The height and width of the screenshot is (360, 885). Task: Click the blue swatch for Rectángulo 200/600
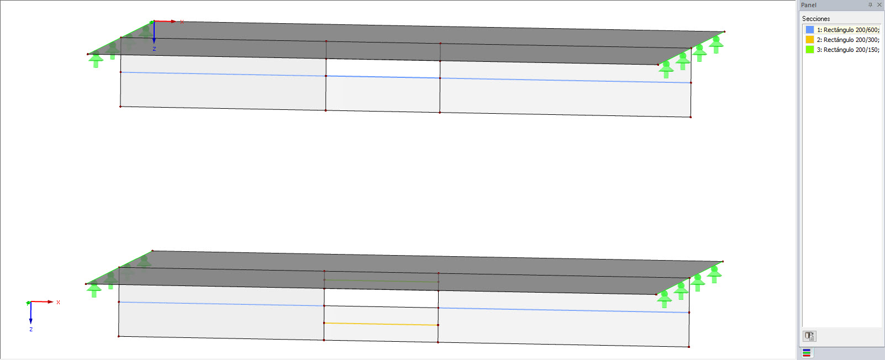click(809, 30)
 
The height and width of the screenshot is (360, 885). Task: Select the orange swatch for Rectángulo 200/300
click(809, 40)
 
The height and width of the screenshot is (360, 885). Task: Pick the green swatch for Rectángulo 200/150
click(809, 50)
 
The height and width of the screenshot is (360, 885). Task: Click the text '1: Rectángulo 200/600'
click(847, 30)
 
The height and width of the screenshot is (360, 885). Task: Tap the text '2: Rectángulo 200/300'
click(847, 40)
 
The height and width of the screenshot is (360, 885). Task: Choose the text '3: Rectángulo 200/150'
click(847, 50)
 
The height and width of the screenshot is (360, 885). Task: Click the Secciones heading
click(816, 19)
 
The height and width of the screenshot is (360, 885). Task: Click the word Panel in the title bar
click(809, 5)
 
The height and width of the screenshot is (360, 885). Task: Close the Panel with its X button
click(879, 5)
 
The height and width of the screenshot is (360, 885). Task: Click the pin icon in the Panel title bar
click(870, 5)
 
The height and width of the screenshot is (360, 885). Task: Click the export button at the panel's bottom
click(809, 336)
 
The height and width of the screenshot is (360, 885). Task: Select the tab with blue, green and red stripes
click(807, 353)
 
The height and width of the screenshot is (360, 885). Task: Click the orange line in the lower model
click(381, 324)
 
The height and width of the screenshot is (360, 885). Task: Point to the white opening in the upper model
click(383, 68)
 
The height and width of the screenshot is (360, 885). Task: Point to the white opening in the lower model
click(381, 298)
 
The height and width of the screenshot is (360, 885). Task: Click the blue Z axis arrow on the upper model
click(154, 33)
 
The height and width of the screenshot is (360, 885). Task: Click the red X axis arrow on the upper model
click(165, 22)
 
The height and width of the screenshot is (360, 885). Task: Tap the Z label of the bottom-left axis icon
click(31, 330)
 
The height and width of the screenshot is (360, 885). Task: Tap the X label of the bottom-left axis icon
click(58, 303)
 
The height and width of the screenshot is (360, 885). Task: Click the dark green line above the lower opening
click(381, 281)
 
